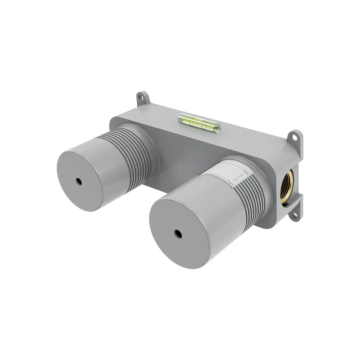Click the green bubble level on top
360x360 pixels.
click(199, 122)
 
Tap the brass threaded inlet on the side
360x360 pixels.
click(286, 185)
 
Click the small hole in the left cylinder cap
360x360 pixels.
click(79, 181)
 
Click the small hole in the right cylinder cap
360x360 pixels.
click(179, 234)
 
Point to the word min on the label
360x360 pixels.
click(245, 171)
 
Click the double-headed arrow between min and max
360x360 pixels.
click(239, 177)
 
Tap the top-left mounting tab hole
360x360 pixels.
click(142, 97)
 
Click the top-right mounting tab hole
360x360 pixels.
click(296, 137)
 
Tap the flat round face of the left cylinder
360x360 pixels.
click(83, 180)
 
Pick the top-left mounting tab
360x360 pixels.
click(143, 98)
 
